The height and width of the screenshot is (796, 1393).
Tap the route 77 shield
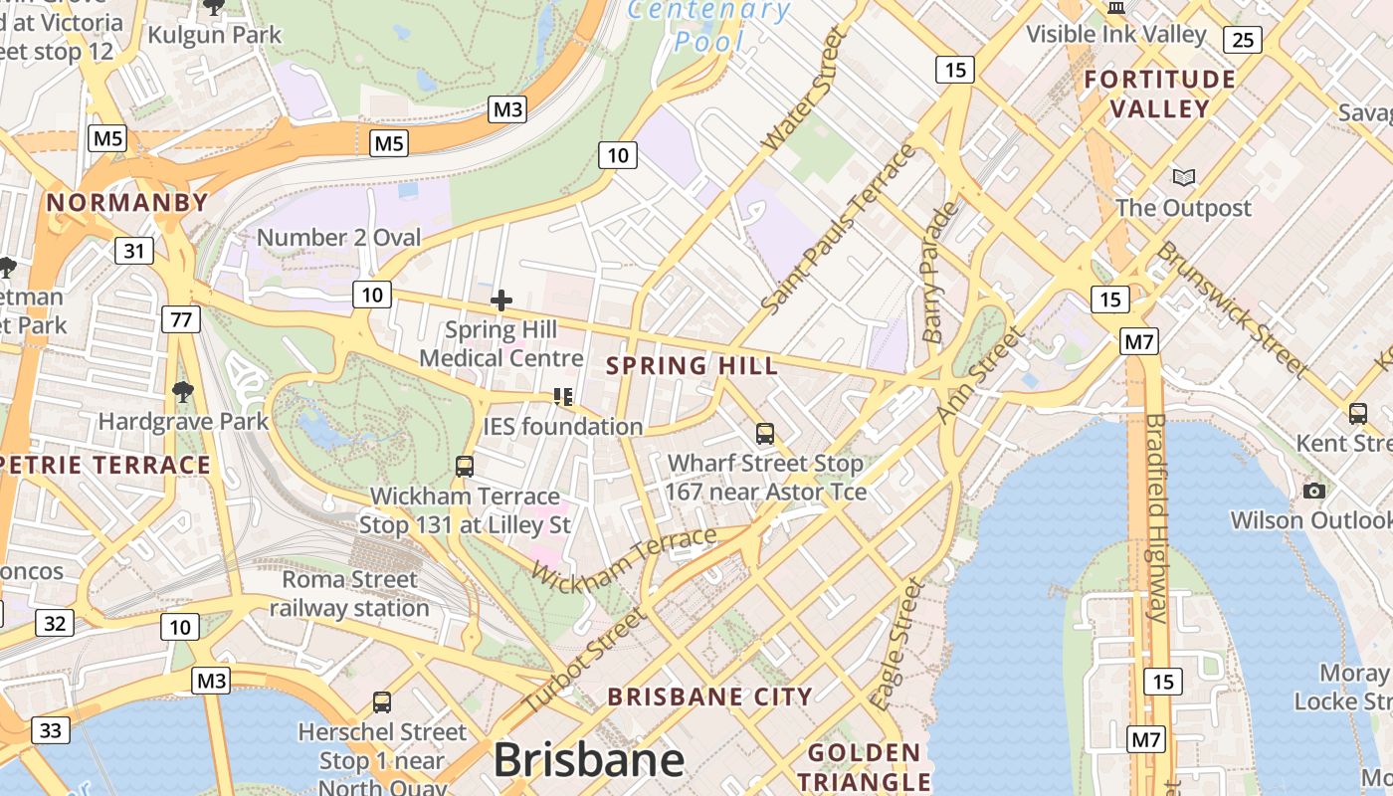pos(181,319)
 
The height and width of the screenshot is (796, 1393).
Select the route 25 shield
pos(1242,40)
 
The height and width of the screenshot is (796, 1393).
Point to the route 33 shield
pos(51,730)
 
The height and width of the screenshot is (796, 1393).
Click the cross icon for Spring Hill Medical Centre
pos(501,299)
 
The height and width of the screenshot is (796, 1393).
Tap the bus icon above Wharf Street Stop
pos(764,434)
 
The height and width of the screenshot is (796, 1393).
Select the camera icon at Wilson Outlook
pos(1314,491)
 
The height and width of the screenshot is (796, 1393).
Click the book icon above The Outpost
pos(1183,178)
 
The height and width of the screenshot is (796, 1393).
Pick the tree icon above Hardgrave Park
pos(182,391)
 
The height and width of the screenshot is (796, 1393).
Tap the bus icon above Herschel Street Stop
pos(382,702)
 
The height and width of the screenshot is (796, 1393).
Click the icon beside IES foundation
pos(563,397)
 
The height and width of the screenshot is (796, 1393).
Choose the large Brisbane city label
pos(589,761)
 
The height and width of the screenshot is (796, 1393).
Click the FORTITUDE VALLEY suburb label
pos(1159,94)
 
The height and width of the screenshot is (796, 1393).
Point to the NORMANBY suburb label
pos(127,203)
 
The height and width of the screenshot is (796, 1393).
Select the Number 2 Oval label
pos(338,238)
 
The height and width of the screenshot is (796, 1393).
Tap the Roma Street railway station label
pos(349,593)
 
